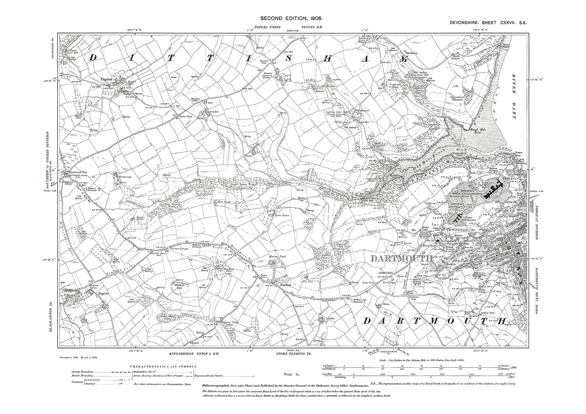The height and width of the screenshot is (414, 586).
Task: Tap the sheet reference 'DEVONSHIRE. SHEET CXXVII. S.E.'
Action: click(488, 24)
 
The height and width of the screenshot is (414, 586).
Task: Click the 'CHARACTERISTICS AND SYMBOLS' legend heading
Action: click(164, 365)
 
